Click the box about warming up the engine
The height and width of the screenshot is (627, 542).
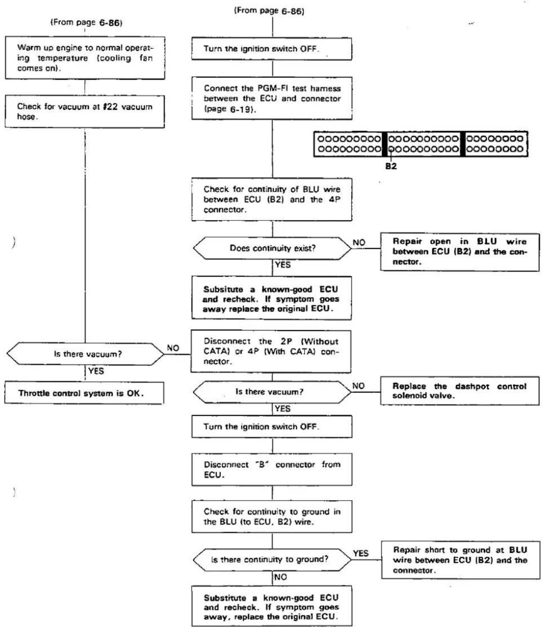click(x=85, y=58)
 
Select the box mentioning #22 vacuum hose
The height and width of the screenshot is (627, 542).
click(x=85, y=111)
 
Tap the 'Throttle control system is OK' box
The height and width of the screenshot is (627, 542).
click(x=84, y=393)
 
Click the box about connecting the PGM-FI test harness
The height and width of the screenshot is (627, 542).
click(x=272, y=98)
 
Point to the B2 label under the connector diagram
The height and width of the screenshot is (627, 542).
click(x=391, y=166)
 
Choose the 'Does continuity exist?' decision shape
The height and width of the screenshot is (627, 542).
click(x=272, y=248)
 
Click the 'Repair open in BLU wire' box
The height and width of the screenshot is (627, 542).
click(x=460, y=252)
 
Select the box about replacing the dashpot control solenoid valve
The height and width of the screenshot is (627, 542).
click(x=460, y=391)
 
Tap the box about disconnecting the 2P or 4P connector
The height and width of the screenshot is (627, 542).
click(x=271, y=351)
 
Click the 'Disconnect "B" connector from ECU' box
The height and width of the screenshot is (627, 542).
click(x=272, y=469)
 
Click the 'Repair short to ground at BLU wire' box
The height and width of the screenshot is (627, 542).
click(x=461, y=560)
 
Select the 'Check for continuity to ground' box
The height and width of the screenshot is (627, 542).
click(x=272, y=517)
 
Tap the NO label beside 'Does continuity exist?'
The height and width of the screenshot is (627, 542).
click(x=359, y=242)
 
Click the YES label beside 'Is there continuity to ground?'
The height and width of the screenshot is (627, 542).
click(x=361, y=554)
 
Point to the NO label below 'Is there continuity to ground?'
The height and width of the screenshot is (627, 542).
click(x=280, y=577)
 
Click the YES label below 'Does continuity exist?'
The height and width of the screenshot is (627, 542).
click(x=283, y=265)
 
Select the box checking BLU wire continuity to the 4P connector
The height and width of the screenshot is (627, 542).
click(x=272, y=199)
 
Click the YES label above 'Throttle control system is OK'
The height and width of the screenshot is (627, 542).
click(x=96, y=371)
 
